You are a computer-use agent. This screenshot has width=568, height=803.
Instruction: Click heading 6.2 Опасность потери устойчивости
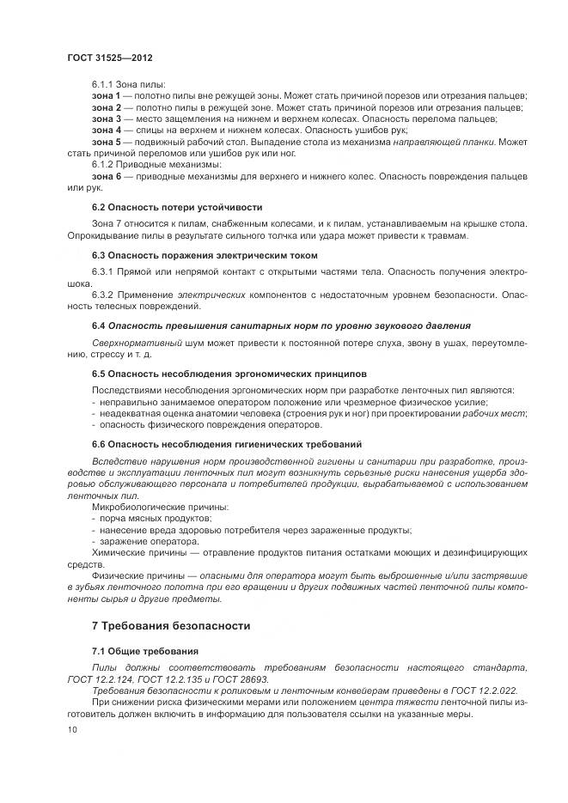point(177,208)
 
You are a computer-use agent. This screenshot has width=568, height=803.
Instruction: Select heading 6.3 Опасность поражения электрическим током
point(205,255)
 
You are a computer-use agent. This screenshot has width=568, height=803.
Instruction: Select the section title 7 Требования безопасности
point(171,626)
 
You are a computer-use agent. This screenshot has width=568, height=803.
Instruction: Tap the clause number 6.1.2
point(105,164)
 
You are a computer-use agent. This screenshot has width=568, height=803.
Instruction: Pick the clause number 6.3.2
point(105,295)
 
